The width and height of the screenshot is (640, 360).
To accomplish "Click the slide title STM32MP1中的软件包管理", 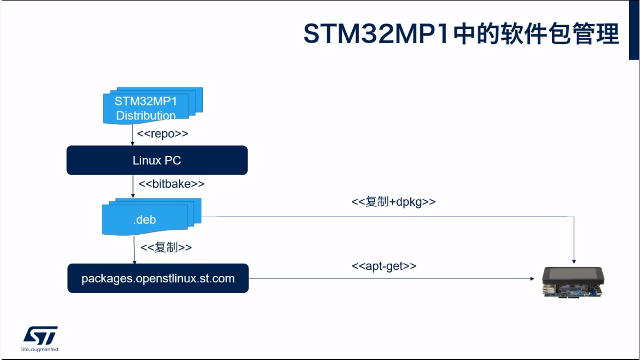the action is (461, 34).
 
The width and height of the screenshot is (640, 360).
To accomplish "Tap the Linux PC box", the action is (157, 160).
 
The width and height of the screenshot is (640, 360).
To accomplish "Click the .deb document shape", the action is (146, 219).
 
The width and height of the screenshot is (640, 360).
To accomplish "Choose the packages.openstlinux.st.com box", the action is (158, 278).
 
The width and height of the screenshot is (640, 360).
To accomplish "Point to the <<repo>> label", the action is (162, 134).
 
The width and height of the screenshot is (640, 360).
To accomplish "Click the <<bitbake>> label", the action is (171, 184).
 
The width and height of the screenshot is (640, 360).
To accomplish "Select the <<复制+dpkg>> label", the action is (393, 202).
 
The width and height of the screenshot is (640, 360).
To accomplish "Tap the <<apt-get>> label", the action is (384, 266).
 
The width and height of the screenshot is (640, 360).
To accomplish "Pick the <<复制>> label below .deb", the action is (166, 247).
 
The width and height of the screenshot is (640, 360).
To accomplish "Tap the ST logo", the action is (40, 335).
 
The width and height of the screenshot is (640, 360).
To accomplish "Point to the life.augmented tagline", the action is (39, 349).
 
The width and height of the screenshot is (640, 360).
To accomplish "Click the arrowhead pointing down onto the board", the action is (574, 259).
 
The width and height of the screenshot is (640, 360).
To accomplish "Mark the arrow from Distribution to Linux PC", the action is (133, 135).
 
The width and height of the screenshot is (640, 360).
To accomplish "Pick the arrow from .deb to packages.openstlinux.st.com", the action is (134, 251).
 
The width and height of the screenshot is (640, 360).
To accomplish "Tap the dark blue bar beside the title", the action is (633, 30).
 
